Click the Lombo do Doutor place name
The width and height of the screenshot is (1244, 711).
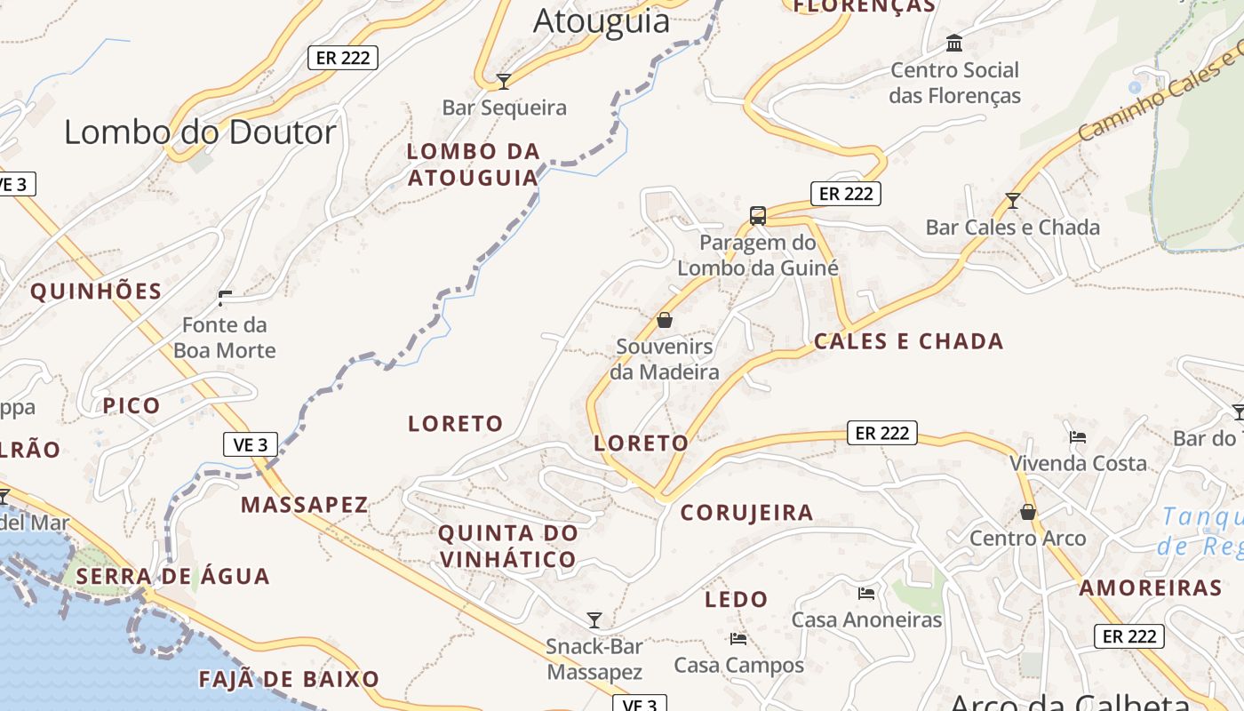[x=200, y=132]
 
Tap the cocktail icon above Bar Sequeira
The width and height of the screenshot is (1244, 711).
[x=504, y=82]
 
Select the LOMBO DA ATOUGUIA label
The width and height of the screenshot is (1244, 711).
[x=473, y=164]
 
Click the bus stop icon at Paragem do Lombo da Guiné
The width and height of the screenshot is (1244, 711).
[x=757, y=215]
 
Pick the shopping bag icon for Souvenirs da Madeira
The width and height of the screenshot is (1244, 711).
[x=665, y=320]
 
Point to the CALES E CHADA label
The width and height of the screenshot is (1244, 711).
[x=908, y=341]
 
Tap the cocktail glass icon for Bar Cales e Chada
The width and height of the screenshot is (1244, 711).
[x=1012, y=201]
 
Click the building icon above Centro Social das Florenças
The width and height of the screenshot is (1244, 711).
[x=954, y=43]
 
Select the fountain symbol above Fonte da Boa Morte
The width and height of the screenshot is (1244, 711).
[x=225, y=298]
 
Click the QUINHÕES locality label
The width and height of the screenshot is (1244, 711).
[x=97, y=292]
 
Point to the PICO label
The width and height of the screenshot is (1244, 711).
[x=132, y=406]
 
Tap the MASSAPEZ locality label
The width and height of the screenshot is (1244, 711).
[x=304, y=505]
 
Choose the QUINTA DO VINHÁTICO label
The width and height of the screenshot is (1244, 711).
[x=507, y=547]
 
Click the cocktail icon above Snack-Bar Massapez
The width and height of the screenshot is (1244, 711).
[x=594, y=619]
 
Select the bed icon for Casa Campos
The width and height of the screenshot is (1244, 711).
[x=738, y=638]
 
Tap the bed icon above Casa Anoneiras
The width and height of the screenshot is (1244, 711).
[x=866, y=593]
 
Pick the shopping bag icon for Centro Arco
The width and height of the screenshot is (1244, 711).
[x=1028, y=512]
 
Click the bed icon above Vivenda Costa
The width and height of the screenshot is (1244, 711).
[x=1078, y=436]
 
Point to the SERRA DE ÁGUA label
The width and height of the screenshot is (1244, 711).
[x=172, y=576]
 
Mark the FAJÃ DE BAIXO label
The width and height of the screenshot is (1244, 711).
[x=289, y=680]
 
